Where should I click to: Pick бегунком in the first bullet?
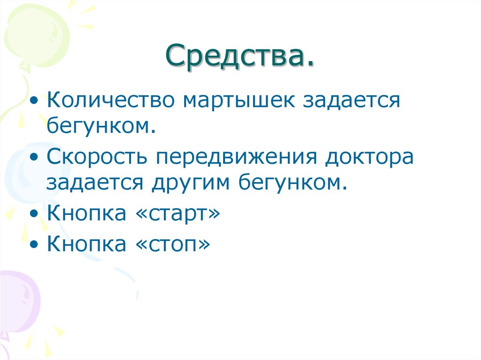pyautogui.click(x=101, y=125)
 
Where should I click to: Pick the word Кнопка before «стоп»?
pyautogui.click(x=86, y=244)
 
